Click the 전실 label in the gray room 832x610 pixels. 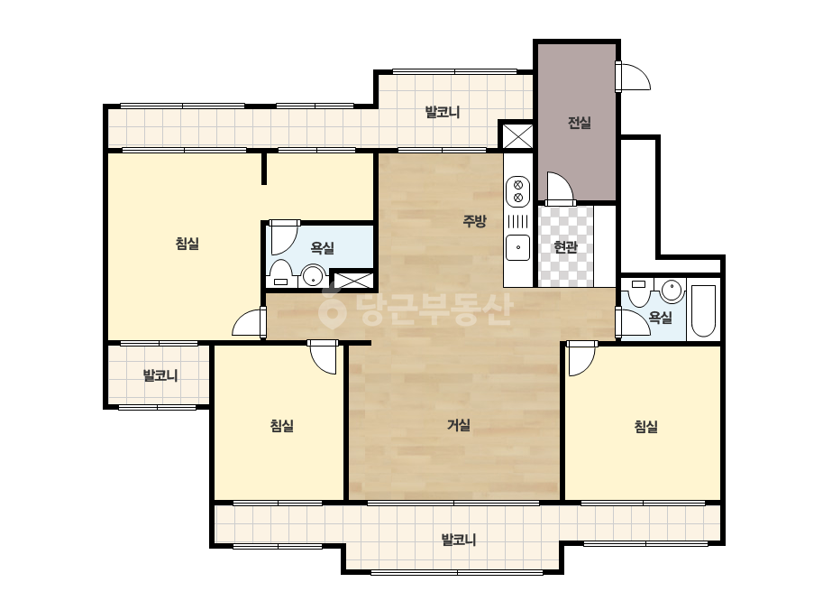pos(579,123)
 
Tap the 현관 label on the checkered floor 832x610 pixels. pos(565,246)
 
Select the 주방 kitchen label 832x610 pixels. pos(474,220)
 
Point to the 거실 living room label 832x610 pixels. pos(459,424)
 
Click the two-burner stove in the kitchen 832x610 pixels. pos(518,191)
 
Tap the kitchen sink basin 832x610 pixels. pos(518,247)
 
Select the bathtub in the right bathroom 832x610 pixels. pos(704,310)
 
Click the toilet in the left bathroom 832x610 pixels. pos(280,273)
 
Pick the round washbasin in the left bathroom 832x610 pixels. pos(314,276)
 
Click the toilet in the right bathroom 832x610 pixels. pos(639,293)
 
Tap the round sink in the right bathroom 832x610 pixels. pos(672,291)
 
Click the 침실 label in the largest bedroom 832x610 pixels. pos(187,244)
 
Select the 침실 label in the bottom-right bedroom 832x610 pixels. pos(646,426)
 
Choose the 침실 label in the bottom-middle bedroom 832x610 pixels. pos(282,426)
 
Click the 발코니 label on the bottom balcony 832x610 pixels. pos(459,540)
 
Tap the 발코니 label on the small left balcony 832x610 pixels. pos(160,375)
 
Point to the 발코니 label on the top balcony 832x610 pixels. pos(442,112)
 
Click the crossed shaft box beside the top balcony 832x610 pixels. pos(517,136)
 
